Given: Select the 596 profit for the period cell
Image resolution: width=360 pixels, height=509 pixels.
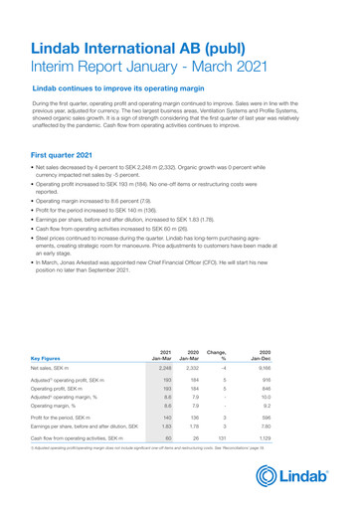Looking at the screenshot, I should tap(321, 418).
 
